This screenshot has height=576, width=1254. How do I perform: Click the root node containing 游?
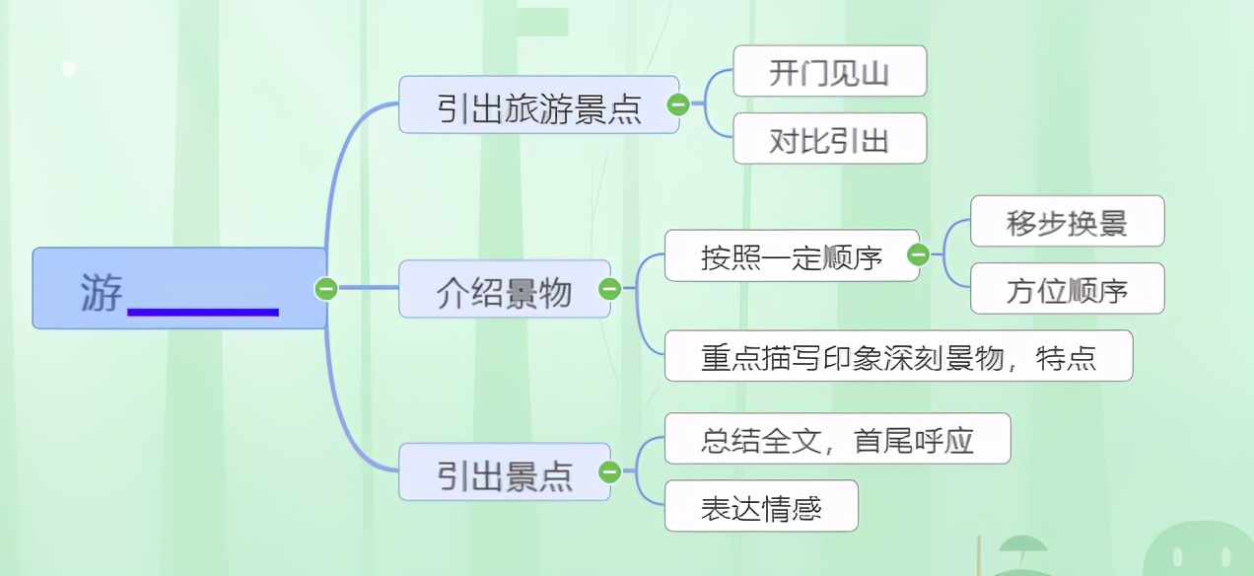tap(179, 288)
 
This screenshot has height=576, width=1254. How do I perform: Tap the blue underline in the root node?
tap(203, 312)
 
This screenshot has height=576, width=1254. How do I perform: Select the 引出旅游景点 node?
tap(538, 105)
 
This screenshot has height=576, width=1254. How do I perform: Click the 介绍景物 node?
tap(505, 289)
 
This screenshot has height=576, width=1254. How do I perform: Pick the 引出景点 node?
tap(505, 471)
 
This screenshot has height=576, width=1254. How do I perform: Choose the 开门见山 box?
tap(830, 71)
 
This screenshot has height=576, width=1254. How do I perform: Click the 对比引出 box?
tap(830, 138)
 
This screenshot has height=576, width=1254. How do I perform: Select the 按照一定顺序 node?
tap(792, 255)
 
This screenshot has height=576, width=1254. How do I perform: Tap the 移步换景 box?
tap(1067, 221)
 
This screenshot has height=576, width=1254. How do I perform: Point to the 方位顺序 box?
tap(1067, 289)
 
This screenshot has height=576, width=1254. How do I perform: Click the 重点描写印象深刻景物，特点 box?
tap(898, 356)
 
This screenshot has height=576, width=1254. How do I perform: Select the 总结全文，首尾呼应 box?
tap(838, 439)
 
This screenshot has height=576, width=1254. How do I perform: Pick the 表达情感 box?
tap(761, 506)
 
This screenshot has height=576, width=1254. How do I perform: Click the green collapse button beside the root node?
tap(325, 289)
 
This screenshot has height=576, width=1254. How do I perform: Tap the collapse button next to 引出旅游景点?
tap(678, 105)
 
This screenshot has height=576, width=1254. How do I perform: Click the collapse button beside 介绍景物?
tap(609, 289)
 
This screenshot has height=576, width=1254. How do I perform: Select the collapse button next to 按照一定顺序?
tap(918, 254)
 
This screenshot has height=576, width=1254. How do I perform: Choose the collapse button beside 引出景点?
tap(609, 471)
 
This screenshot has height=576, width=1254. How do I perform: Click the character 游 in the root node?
tap(102, 292)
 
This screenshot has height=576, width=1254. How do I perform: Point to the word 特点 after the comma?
tap(1066, 358)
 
